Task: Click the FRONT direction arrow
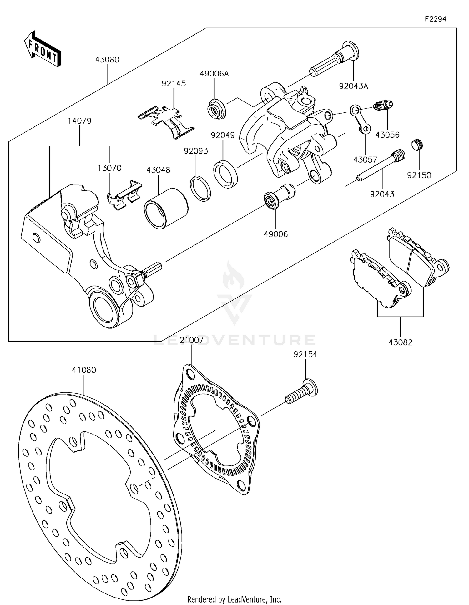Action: (x=42, y=49)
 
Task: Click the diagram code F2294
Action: (x=435, y=19)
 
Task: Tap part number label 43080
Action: (x=107, y=60)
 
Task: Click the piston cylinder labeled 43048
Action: (x=166, y=209)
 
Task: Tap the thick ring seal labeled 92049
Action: (x=225, y=173)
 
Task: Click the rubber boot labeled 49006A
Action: (x=216, y=109)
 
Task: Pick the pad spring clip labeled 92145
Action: (x=166, y=121)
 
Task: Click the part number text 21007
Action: (x=192, y=340)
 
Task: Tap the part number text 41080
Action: (x=84, y=370)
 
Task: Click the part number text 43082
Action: (x=400, y=342)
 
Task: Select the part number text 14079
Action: (x=79, y=121)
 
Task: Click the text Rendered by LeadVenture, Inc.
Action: (x=234, y=599)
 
